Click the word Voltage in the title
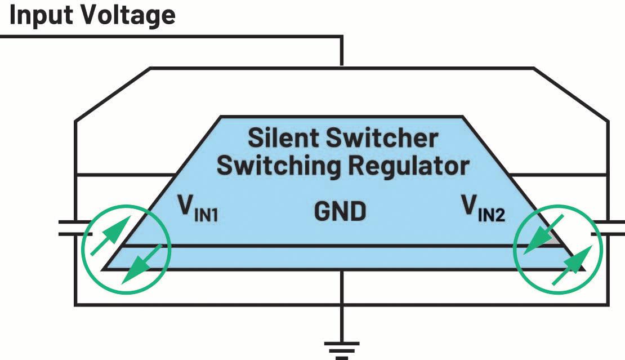125,16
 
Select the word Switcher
382,138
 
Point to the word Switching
278,166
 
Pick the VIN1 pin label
198,207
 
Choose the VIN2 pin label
483,208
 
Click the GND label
340,211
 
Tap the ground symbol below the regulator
342,350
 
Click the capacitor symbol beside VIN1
75,228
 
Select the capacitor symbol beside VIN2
608,228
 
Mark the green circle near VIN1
126,250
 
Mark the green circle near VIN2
557,250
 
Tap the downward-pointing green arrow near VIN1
142,264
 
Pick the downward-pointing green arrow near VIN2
543,234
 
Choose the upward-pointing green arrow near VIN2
573,265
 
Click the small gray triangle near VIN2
552,239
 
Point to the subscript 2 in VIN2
500,216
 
